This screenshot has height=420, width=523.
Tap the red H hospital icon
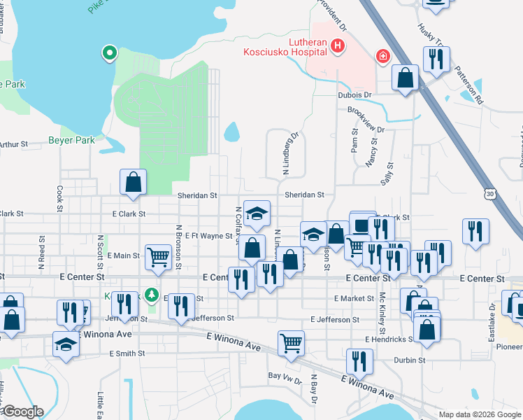coord(338,47)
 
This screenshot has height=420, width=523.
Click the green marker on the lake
coord(109,52)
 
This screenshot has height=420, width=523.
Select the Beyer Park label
coord(71,140)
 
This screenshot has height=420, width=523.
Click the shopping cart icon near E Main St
coord(159,256)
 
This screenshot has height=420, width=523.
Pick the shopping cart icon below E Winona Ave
coord(291,343)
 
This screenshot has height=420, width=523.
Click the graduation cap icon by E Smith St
coord(66,344)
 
